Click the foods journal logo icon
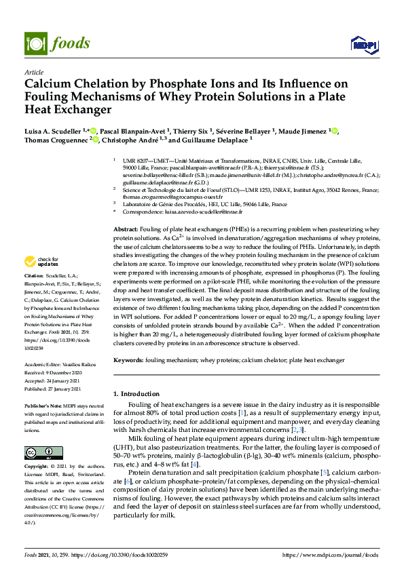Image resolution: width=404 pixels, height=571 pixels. tap(34, 43)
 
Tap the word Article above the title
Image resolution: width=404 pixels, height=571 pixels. tap(34, 72)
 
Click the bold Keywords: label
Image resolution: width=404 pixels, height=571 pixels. tap(130, 359)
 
